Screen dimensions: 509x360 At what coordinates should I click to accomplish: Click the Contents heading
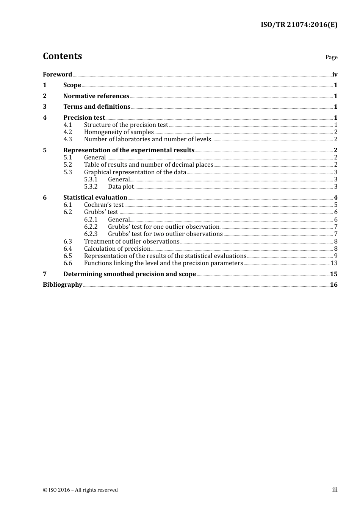click(x=62, y=56)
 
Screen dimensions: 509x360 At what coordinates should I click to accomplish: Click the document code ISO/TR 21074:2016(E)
click(x=299, y=25)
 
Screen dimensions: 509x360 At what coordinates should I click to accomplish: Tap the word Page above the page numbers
click(x=331, y=57)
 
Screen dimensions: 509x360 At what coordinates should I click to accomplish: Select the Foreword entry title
click(x=57, y=74)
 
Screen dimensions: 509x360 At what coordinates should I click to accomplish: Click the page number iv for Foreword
click(x=335, y=75)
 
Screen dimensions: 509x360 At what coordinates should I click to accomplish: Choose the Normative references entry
click(x=96, y=96)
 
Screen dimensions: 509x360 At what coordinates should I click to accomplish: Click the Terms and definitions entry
click(x=97, y=106)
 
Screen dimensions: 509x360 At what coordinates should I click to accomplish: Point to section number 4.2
click(x=67, y=132)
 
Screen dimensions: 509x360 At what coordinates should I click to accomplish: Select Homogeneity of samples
click(x=119, y=132)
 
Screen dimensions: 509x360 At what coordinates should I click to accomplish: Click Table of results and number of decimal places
click(x=149, y=164)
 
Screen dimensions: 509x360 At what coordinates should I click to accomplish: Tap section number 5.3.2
click(x=91, y=186)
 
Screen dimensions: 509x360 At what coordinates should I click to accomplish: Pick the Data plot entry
click(x=121, y=186)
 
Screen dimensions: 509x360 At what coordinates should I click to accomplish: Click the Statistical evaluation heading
click(x=95, y=197)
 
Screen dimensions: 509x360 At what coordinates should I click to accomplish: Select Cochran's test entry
click(x=104, y=205)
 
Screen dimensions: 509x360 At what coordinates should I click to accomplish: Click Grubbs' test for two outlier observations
click(x=165, y=234)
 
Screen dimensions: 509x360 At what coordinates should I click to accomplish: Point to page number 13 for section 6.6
click(x=334, y=263)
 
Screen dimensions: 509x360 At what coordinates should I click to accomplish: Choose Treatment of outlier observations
click(x=131, y=241)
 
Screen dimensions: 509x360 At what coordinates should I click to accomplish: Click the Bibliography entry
click(x=63, y=284)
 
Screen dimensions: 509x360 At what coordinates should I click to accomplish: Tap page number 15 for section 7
click(x=333, y=274)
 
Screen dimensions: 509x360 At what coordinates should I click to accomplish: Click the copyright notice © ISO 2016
click(x=80, y=490)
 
